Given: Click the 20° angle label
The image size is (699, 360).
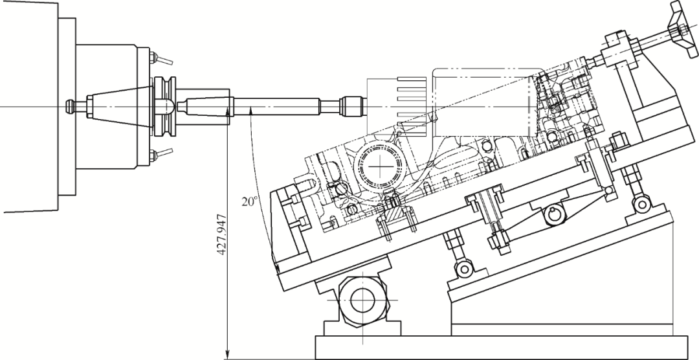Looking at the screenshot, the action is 250,201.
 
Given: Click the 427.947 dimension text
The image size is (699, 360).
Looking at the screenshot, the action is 221,235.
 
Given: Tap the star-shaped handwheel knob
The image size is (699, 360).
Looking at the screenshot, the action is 683,30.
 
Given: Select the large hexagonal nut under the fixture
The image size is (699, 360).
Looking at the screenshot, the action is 363,300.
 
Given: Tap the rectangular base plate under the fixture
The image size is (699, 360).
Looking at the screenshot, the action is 501,347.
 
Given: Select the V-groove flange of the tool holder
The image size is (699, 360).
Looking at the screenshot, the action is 165,107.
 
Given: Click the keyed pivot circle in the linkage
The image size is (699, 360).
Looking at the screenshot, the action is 555,214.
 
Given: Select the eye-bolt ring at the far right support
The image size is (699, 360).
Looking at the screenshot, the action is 642,205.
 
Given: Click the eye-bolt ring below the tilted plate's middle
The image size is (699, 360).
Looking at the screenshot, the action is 464,269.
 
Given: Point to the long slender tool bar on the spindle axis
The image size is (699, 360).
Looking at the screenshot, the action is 276,107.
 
